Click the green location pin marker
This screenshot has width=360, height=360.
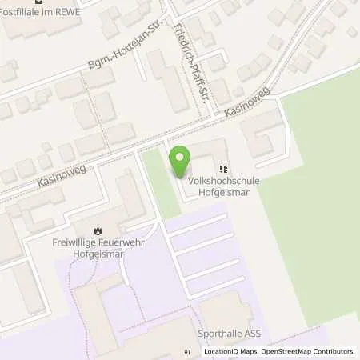pyautogui.click(x=182, y=163)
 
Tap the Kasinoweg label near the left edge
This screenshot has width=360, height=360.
pyautogui.click(x=60, y=174)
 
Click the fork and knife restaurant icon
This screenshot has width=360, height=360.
pyautogui.click(x=186, y=351)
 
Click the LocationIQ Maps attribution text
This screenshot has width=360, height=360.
pyautogui.click(x=230, y=351)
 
